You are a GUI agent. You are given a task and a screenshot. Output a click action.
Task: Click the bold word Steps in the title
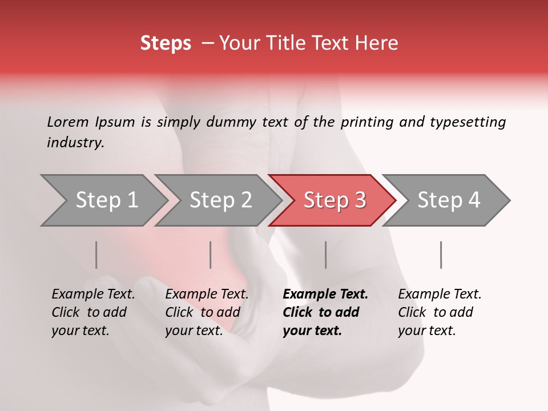tap(166, 43)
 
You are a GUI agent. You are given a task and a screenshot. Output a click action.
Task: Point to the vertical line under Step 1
tap(96, 255)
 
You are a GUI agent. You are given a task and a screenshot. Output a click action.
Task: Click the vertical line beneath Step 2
tap(211, 255)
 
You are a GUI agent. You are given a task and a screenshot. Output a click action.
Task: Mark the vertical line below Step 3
tap(326, 255)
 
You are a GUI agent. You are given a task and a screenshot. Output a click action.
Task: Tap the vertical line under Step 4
tap(441, 255)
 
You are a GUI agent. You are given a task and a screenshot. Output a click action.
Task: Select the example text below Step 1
tap(93, 312)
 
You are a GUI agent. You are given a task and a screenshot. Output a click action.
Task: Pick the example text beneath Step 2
tap(207, 312)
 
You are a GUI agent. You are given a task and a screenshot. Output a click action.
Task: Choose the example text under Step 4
tap(440, 312)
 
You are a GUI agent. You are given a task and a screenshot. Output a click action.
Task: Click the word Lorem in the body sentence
tap(68, 122)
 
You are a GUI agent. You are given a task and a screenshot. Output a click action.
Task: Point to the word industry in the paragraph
tap(75, 143)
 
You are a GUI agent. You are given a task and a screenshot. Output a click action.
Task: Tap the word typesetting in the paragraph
tap(468, 122)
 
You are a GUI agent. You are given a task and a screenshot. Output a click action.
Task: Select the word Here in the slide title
tap(378, 43)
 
